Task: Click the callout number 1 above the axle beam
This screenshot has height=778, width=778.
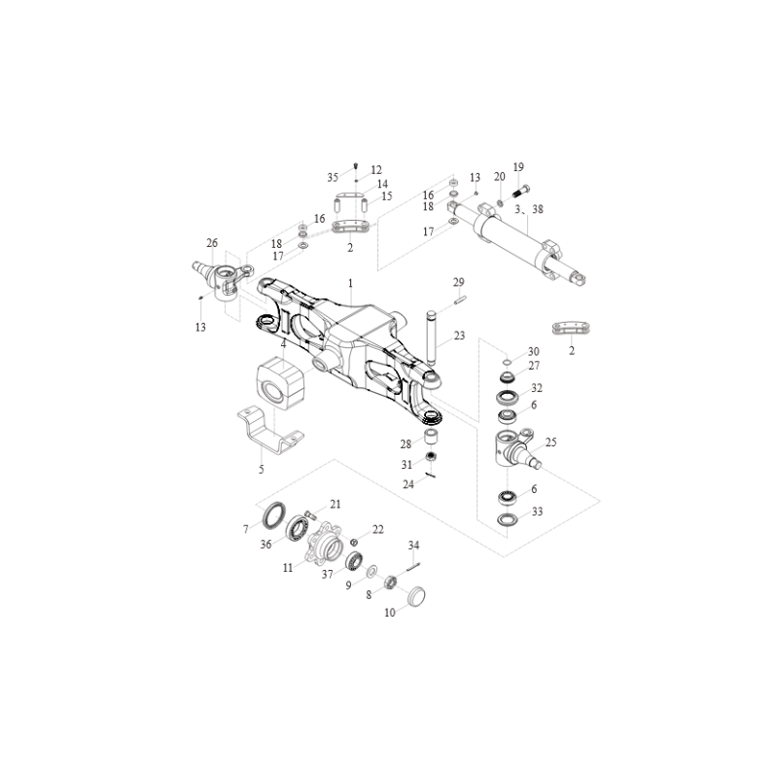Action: coord(350,283)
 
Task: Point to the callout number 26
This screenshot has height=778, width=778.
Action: coord(212,243)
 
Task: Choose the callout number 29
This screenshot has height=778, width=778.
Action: coord(458,282)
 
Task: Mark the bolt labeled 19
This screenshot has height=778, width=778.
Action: coord(521,191)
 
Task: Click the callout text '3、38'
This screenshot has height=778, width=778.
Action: coord(528,209)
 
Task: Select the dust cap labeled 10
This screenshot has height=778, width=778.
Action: coord(417,596)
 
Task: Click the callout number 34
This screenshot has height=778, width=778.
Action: coord(414,546)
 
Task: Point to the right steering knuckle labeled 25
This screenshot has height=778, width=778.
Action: coord(516,448)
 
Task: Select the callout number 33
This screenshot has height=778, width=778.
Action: coord(538,512)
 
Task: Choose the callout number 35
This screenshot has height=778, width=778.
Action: coord(333,178)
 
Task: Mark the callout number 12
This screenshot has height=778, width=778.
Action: coord(376,170)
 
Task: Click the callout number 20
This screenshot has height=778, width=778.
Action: coord(499,177)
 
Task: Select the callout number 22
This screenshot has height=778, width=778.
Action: coord(378,530)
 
